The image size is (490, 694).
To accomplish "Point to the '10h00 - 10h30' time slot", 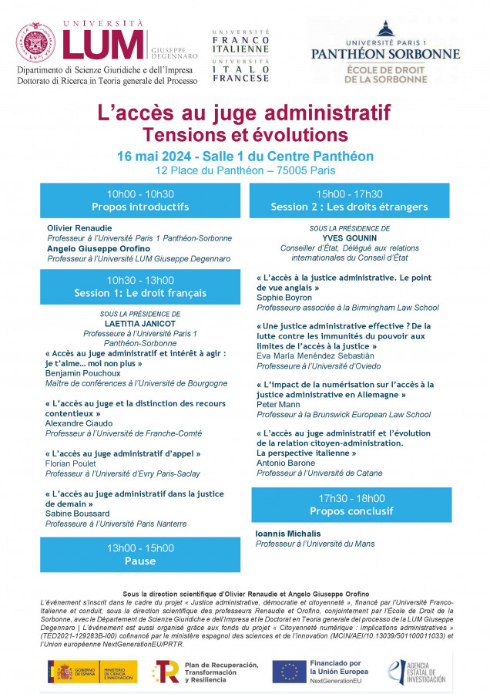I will (140, 194).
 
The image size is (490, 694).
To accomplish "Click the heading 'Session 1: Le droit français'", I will (140, 293).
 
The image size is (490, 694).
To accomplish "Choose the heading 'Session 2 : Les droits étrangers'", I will (349, 207).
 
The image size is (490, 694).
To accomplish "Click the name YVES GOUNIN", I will (350, 238).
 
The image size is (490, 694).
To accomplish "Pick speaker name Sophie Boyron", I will (284, 298).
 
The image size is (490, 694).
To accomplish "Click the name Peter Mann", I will (279, 404).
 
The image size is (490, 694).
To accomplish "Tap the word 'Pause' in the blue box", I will (140, 561).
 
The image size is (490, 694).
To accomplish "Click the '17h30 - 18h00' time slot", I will (351, 498).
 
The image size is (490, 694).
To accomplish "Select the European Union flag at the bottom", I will (290, 672).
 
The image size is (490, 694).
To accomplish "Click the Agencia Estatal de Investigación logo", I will (417, 672).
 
